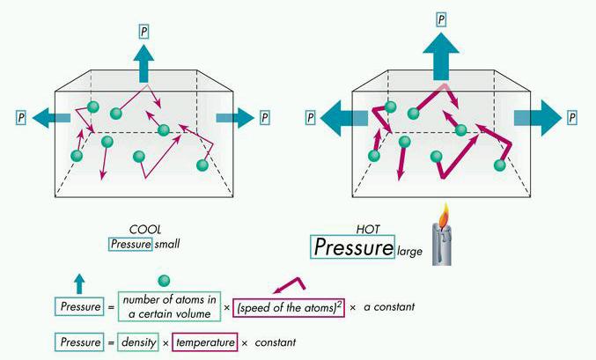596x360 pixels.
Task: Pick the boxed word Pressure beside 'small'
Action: (130, 243)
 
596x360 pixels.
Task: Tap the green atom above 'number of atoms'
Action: (163, 281)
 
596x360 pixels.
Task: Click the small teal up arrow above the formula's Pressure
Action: (78, 283)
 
